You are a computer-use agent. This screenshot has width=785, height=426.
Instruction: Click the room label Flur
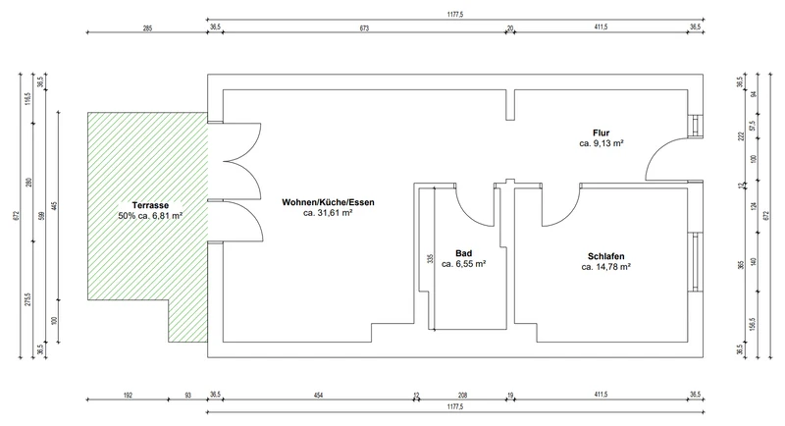pos(601,133)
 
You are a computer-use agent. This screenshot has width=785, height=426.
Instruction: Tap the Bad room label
pos(463,253)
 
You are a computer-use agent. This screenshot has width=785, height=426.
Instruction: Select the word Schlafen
pos(605,257)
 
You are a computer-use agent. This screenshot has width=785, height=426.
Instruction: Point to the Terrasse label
pos(150,205)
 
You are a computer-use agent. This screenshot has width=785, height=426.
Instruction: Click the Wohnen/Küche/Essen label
pos(328,202)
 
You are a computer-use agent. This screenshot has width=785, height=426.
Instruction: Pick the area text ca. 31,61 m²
pos(328,213)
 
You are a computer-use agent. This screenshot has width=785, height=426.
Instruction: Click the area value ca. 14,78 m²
pos(605,267)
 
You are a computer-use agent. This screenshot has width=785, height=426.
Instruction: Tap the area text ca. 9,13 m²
pos(602,143)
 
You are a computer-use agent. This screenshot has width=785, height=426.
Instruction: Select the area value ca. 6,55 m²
pos(463,264)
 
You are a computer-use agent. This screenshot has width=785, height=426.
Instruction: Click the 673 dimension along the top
pos(364,28)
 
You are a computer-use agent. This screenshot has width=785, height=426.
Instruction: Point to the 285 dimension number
pos(147,28)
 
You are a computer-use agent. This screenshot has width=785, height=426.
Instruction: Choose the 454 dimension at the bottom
pos(318,395)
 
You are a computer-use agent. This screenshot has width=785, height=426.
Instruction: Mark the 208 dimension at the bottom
pos(462,395)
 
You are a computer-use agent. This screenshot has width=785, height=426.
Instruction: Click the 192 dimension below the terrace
pos(128,395)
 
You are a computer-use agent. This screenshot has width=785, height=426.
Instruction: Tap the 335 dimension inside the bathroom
pos(430,259)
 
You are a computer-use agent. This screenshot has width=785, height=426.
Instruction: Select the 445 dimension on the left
pos(55,206)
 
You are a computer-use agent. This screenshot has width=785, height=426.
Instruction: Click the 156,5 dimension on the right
pos(753,323)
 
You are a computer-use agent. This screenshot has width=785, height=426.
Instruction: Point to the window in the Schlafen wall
pos(696,261)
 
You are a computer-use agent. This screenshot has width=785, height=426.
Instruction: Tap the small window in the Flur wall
pos(696,126)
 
